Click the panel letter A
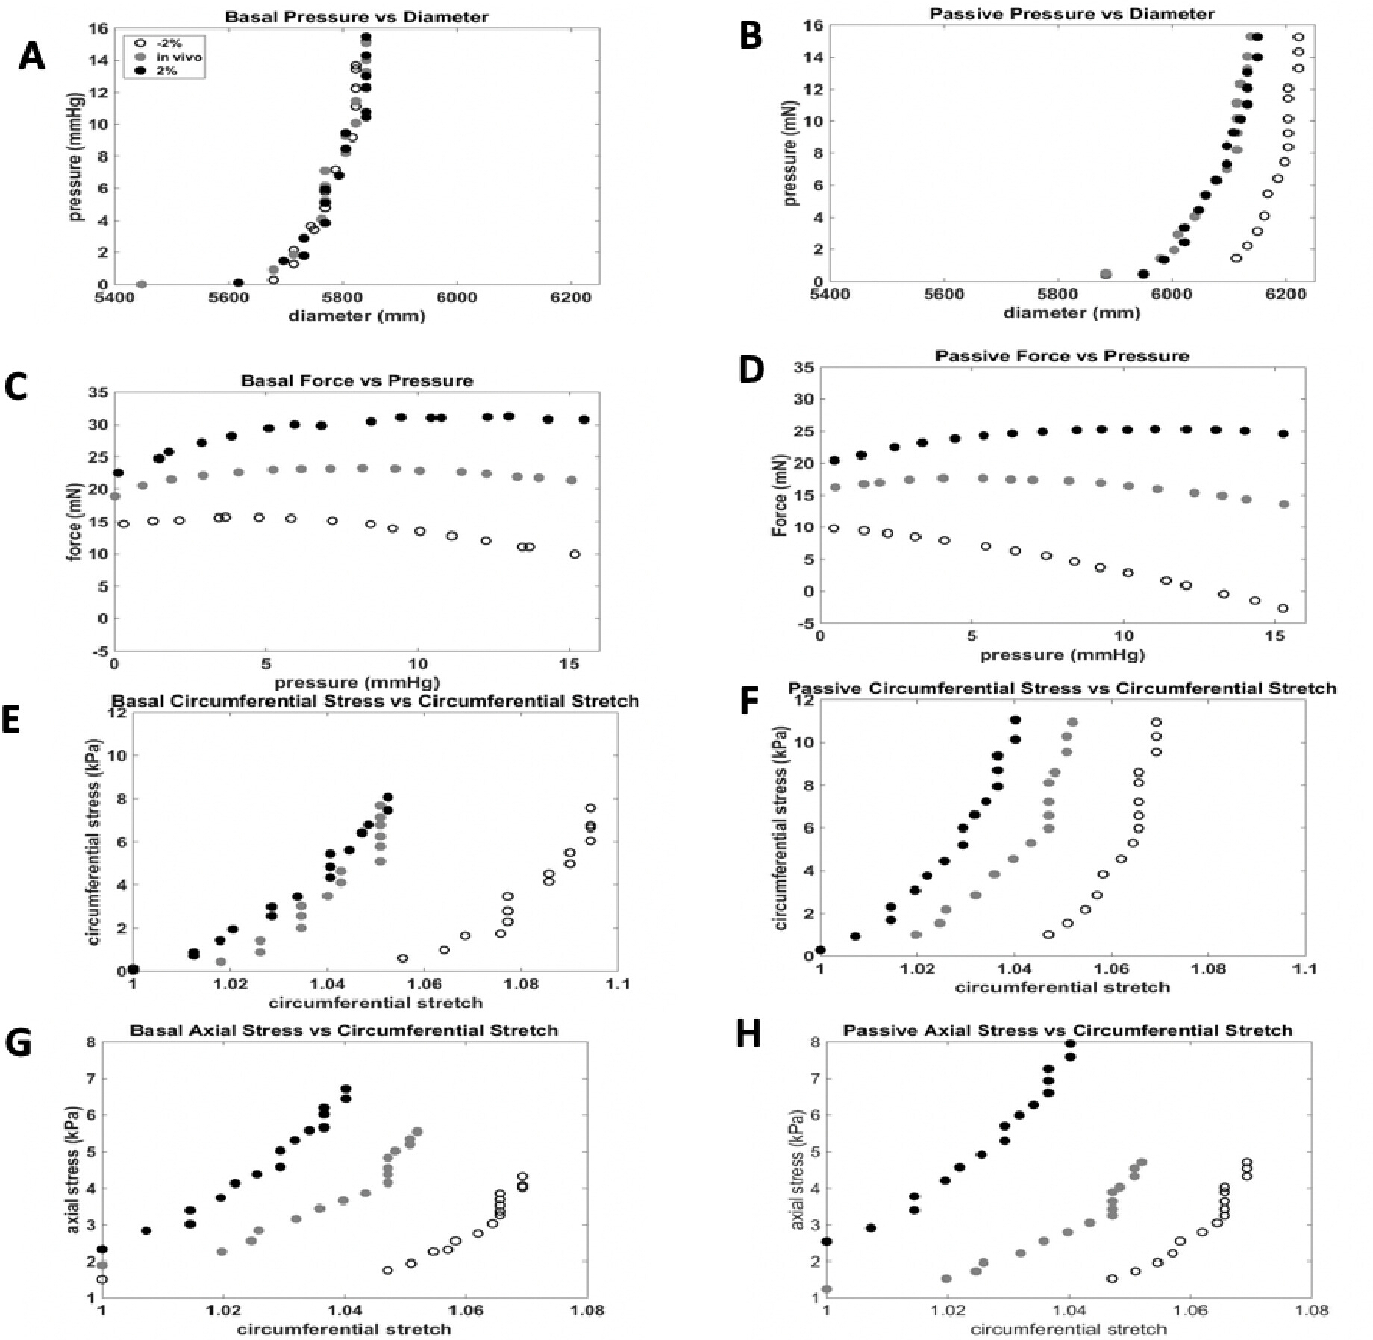pyautogui.click(x=31, y=57)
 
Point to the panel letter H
pyautogui.click(x=748, y=1035)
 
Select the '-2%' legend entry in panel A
pyautogui.click(x=169, y=43)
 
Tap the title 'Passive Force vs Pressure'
pyautogui.click(x=1062, y=355)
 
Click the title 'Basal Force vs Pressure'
pyautogui.click(x=357, y=381)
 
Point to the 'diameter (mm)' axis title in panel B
pyautogui.click(x=1072, y=313)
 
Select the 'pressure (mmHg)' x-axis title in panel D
pyautogui.click(x=1062, y=654)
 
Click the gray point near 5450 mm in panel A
pyautogui.click(x=141, y=284)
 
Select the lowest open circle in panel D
pyautogui.click(x=1283, y=608)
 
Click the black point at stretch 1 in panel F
pyautogui.click(x=820, y=950)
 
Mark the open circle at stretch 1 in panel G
pyautogui.click(x=102, y=1279)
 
